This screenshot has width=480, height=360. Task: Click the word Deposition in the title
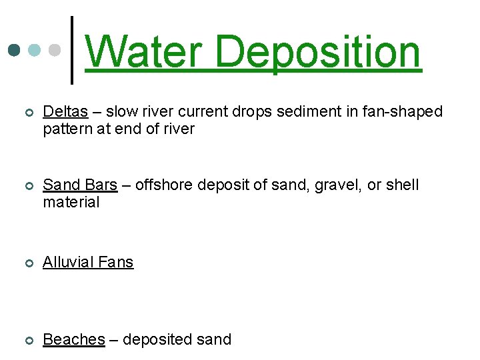(319, 53)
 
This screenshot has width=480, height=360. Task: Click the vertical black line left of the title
(72, 51)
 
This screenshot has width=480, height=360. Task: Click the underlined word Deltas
(65, 111)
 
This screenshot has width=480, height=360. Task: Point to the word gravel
(340, 185)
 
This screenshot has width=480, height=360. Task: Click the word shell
(403, 185)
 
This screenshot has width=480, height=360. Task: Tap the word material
(71, 202)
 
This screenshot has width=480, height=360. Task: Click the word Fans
(117, 262)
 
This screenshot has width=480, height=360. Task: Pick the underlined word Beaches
(74, 339)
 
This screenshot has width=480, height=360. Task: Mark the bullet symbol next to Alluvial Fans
(27, 263)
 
